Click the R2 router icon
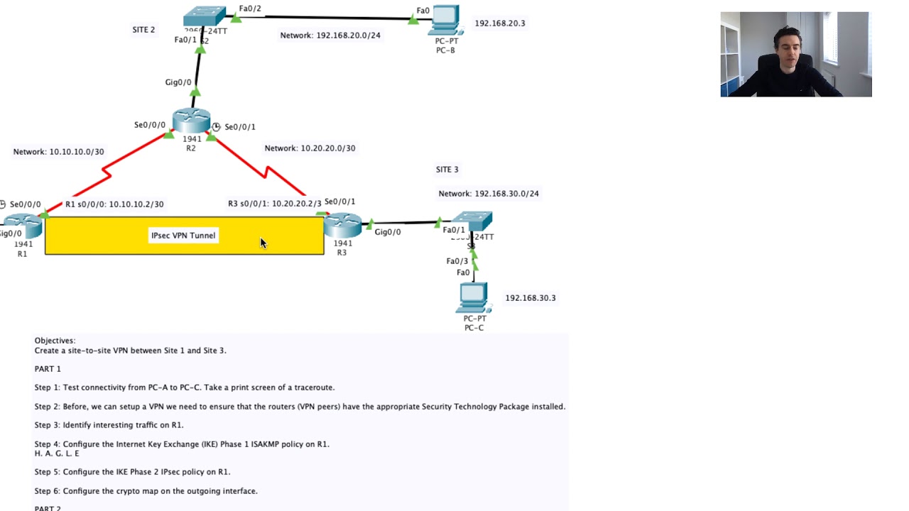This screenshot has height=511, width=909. (191, 121)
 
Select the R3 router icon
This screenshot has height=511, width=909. (343, 224)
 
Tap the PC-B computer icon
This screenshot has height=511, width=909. (445, 21)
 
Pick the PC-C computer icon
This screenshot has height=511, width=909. (474, 298)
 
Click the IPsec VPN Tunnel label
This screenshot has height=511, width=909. (183, 236)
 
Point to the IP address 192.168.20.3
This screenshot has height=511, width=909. (500, 23)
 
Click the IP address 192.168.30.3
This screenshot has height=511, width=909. (530, 298)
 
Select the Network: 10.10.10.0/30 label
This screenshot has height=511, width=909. (58, 152)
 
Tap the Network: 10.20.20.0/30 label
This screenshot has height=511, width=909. (310, 148)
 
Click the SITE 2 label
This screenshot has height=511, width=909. (143, 30)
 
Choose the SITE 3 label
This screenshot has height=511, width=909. (447, 170)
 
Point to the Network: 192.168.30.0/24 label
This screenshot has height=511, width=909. (489, 194)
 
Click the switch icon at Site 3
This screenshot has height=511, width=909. (472, 221)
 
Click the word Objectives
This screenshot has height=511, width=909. (55, 341)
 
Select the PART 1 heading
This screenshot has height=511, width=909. (48, 369)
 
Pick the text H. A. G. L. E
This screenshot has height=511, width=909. (57, 454)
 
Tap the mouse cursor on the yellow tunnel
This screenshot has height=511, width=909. (263, 243)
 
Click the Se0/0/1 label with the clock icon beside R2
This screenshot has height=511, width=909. (239, 127)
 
